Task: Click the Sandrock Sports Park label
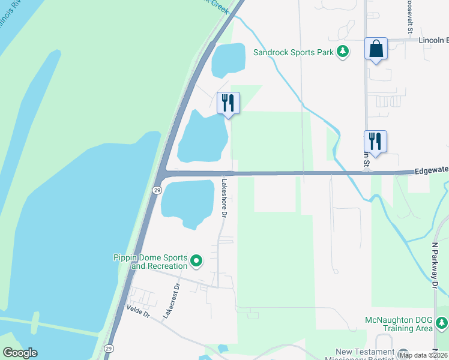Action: [x=293, y=52]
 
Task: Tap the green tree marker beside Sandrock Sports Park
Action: [x=343, y=52]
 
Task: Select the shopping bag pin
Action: [x=376, y=49]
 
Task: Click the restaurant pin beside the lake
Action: [x=228, y=103]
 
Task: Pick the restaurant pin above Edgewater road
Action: [x=375, y=142]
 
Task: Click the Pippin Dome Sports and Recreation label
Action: [x=150, y=262]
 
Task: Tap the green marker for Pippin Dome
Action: [x=196, y=261]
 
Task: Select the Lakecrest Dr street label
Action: [x=171, y=301]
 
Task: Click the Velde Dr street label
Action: [x=137, y=308]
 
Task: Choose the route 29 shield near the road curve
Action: [x=156, y=190]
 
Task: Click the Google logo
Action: [x=20, y=353]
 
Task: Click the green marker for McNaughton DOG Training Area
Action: [x=442, y=324]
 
